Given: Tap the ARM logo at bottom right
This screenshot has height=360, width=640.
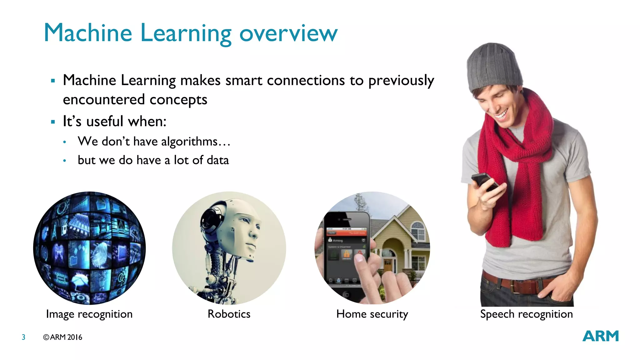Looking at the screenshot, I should [x=600, y=336].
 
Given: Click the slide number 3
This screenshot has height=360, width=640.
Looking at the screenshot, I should [x=23, y=337].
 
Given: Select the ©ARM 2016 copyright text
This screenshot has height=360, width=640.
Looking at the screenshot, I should [x=62, y=337].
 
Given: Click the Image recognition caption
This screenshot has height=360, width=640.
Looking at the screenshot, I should [x=89, y=314].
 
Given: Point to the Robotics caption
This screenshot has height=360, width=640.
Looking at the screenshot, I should [x=229, y=314].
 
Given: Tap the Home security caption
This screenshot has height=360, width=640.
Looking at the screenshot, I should [x=372, y=314].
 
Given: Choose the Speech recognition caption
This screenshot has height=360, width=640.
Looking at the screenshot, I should [x=527, y=314].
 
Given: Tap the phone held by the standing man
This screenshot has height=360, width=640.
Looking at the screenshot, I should [x=485, y=182].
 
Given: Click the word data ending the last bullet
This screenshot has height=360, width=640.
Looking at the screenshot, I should [x=217, y=160].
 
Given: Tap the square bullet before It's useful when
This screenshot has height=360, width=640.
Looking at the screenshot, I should [x=53, y=122].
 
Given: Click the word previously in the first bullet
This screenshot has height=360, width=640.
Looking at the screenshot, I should [x=401, y=81].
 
